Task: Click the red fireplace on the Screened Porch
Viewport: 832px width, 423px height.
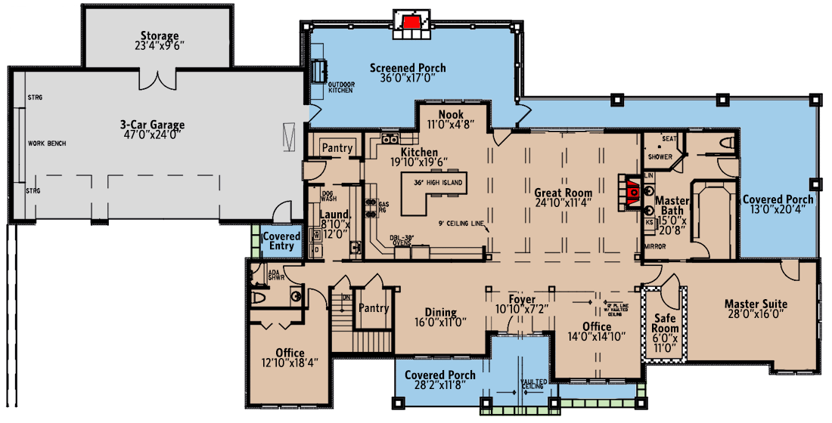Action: tap(411, 21)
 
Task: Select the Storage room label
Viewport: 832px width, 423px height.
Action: tap(160, 36)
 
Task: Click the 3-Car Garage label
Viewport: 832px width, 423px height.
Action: tap(152, 125)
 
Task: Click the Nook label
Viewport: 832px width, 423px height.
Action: tap(451, 114)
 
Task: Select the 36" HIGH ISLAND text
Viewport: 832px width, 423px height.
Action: tap(434, 183)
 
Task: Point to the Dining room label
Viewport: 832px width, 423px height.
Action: tap(440, 312)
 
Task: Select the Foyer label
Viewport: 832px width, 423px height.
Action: tap(522, 300)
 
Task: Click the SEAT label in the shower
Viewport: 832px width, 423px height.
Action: tap(669, 138)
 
